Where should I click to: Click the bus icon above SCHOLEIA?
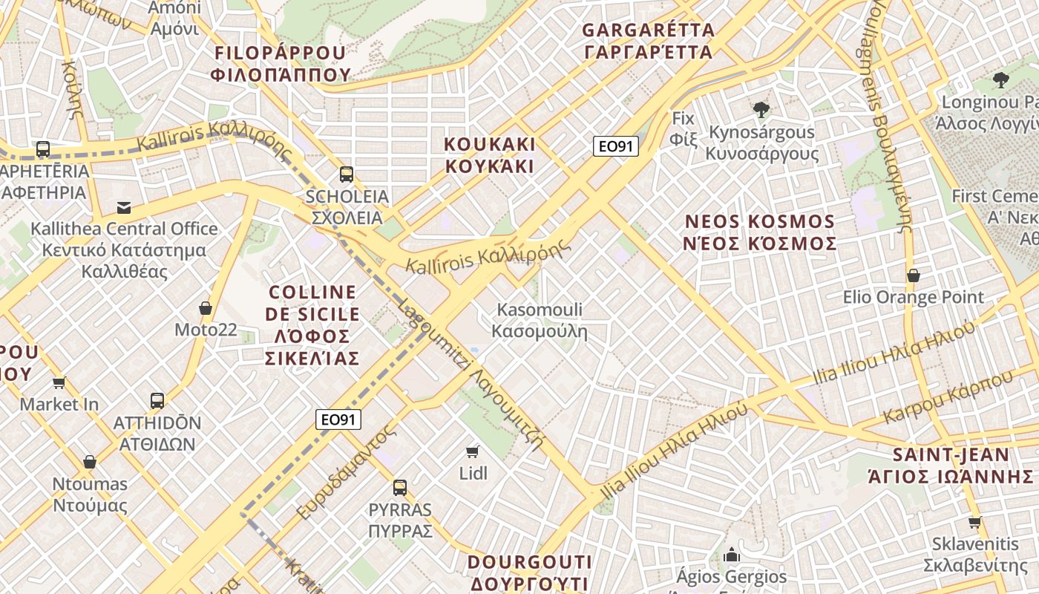pos(346,174)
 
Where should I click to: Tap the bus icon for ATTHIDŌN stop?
pos(157,401)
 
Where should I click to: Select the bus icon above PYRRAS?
pos(400,488)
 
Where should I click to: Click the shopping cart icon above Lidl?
pos(472,451)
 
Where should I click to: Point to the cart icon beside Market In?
pos(59,383)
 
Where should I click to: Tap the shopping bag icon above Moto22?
pos(206,308)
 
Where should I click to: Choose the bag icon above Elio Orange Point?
pos(914,275)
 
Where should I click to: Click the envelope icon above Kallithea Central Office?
pos(123,208)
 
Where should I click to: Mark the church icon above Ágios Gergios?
pos(732,555)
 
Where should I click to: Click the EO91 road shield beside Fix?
pos(616,146)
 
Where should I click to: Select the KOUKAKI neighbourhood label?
pos(490,155)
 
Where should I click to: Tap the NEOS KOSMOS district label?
pos(761,232)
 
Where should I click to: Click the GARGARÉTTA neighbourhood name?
pos(649,41)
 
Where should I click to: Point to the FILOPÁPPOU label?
pos(280,63)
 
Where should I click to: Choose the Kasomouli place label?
pos(540,320)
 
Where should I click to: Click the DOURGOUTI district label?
pos(530,572)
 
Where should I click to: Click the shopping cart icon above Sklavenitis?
pos(975,523)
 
